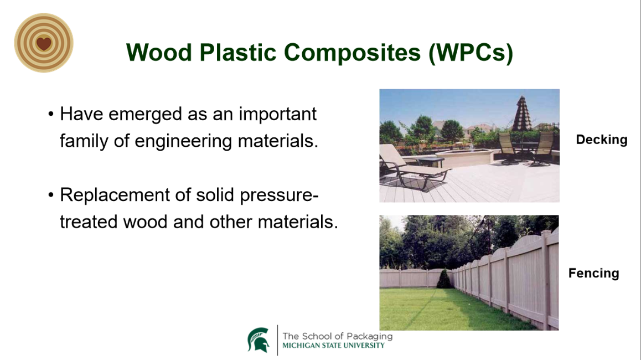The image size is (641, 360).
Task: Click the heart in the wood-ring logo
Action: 44,43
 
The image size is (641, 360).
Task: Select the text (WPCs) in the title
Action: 471,53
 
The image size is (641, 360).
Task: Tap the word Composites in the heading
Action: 353,53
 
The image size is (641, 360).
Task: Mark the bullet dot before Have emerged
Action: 51,114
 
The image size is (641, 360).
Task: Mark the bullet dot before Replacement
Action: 51,195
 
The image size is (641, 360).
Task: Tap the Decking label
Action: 601,140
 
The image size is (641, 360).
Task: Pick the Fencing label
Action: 593,273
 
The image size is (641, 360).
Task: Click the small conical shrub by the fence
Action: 444,279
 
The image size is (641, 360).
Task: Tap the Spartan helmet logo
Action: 259,340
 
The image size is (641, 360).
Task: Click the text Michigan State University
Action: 334,346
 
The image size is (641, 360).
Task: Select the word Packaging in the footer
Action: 369,337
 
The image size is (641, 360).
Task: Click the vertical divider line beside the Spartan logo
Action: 277,341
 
